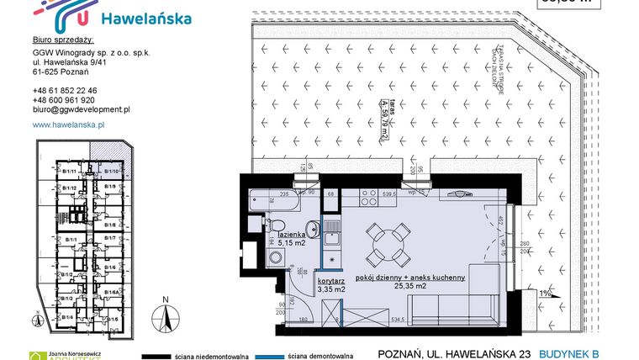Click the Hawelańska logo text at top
[145, 18]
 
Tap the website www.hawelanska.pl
[67, 124]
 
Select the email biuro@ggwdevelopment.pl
[80, 109]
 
